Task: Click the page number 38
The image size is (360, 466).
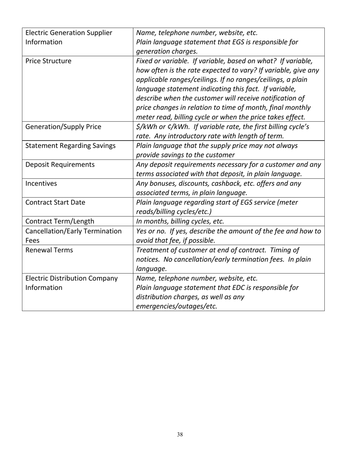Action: pos(180,435)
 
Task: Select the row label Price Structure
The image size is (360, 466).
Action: pos(48,61)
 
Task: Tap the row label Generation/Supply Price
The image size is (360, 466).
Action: pos(63,127)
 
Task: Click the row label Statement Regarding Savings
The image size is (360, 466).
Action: pos(70,146)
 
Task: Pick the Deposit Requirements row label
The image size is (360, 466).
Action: pos(60,164)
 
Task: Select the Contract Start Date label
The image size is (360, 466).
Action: pos(55,202)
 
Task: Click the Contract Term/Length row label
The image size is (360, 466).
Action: pos(60,221)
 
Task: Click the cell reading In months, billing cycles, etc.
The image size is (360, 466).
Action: pos(180,221)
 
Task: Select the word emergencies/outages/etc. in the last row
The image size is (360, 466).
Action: pos(177,306)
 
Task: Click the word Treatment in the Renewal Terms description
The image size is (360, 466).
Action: pos(152,250)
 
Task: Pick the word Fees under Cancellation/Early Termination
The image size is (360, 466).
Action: pos(32,240)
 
